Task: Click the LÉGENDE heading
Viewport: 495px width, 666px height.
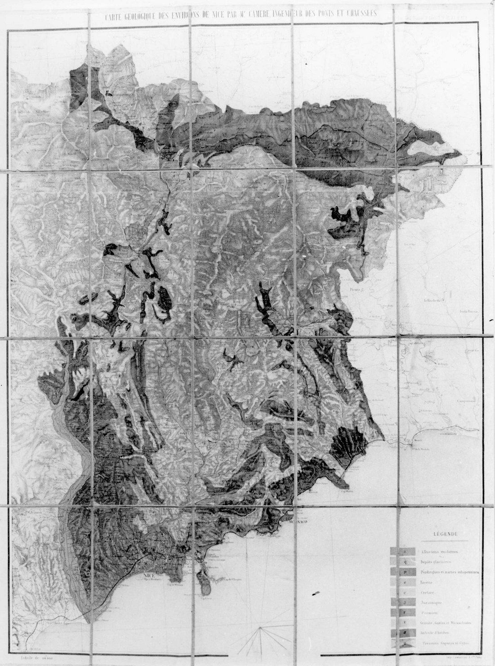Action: click(x=445, y=534)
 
